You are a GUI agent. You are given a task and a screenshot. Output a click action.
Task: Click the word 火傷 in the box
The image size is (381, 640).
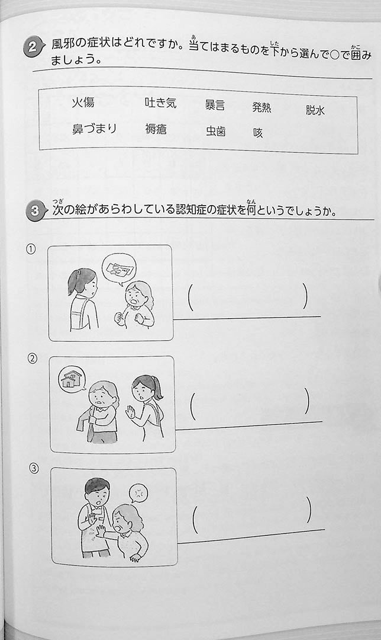[83, 103]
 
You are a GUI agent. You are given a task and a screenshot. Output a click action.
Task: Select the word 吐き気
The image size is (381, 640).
[160, 103]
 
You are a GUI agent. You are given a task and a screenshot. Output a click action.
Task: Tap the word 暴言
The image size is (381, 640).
[215, 105]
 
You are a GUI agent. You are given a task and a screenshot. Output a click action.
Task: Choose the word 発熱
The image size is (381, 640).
[261, 107]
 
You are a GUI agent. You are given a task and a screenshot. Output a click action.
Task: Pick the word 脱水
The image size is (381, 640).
[315, 110]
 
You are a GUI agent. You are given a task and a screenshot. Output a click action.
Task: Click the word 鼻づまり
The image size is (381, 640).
[94, 129]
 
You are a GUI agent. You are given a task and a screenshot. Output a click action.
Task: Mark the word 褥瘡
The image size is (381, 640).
[156, 129]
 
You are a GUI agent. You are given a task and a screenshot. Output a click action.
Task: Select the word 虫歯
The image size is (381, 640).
[215, 131]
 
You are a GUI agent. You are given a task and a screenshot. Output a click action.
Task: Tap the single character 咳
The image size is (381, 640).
[258, 133]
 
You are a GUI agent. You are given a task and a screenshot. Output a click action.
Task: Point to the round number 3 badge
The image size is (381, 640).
[34, 211]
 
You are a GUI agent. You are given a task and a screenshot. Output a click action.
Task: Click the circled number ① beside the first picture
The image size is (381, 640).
[31, 249]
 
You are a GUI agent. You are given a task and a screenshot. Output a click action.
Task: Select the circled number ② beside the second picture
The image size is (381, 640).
[32, 359]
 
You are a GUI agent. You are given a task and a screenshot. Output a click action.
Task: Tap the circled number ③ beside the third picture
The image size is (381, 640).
[34, 469]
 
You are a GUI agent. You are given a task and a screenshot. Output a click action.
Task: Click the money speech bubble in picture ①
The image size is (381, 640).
[118, 268]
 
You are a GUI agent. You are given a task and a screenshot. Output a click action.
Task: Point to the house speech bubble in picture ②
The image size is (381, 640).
[72, 378]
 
